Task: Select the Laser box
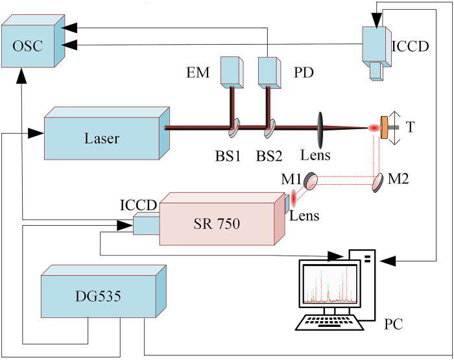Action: [x=97, y=138]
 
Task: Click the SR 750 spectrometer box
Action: [x=217, y=224]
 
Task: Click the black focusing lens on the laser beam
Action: [x=320, y=127]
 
